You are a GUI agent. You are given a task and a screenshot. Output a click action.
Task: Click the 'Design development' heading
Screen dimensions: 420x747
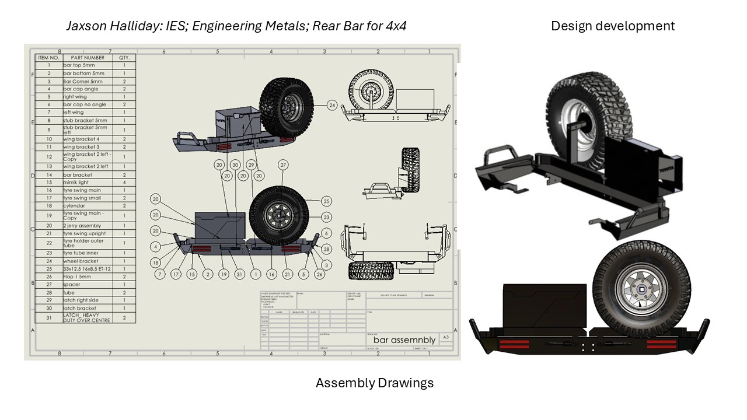(x=612, y=26)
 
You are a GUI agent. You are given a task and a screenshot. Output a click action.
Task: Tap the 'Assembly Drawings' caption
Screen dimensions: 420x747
(x=375, y=383)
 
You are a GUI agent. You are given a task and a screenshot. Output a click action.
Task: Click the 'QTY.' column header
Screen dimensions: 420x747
(x=124, y=58)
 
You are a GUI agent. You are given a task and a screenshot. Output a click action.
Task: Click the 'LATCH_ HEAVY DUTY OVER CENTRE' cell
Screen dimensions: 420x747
(x=88, y=318)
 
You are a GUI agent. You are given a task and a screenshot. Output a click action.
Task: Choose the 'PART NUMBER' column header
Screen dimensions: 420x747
(x=88, y=58)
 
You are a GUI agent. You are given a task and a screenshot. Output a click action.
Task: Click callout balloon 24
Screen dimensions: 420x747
(x=332, y=106)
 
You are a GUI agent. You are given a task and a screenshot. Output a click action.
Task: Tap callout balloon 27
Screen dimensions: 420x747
(x=284, y=165)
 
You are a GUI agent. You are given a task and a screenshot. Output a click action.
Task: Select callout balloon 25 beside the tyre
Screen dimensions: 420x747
(x=326, y=201)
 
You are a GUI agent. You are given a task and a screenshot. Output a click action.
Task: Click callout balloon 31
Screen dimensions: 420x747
(x=239, y=274)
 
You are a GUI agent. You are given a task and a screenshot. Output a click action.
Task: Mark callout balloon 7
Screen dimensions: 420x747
(x=159, y=274)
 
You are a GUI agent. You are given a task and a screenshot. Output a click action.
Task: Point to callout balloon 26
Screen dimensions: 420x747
(x=319, y=274)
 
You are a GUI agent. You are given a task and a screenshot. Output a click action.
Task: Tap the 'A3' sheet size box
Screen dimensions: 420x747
(x=446, y=337)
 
